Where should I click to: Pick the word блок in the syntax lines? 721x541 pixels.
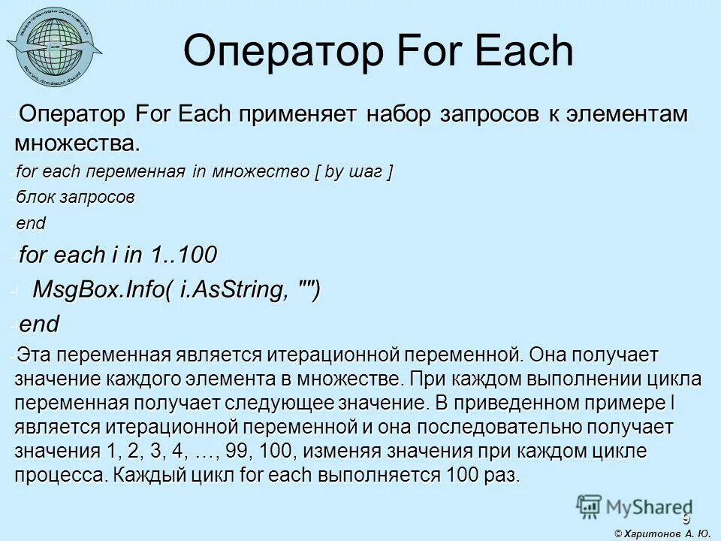(36, 198)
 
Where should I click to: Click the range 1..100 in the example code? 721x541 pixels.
(183, 255)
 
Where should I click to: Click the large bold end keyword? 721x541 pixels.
(39, 325)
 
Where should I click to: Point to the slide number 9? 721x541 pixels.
(685, 519)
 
